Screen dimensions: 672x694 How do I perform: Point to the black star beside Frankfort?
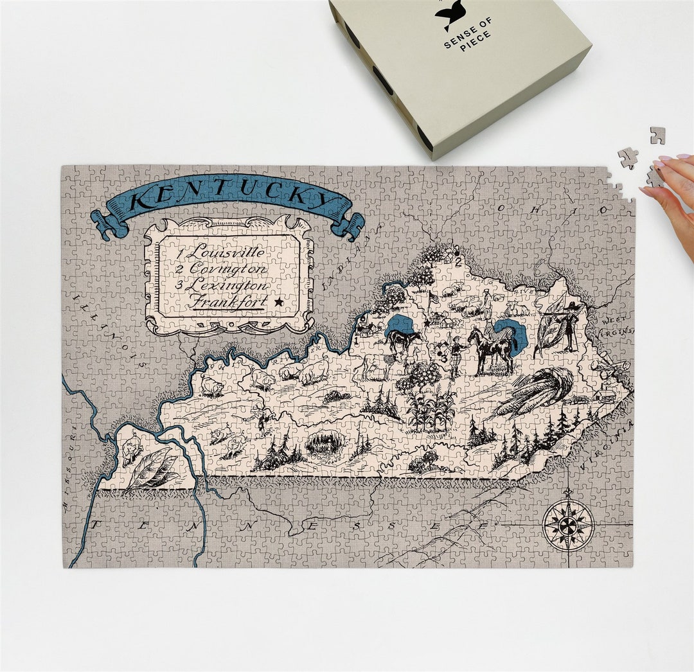pos(278,301)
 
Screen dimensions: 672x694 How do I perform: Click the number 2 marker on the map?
pos(458,261)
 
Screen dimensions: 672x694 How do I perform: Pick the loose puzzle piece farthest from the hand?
pos(657,135)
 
